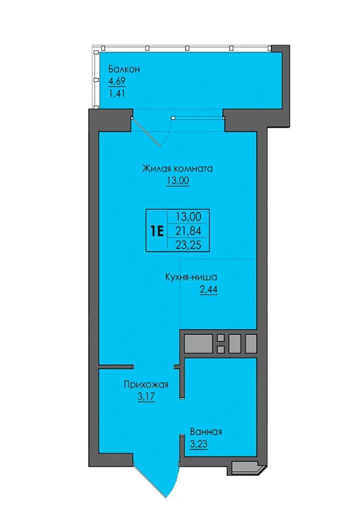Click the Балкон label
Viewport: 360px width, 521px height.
[x=124, y=69]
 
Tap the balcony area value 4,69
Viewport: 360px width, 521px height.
[x=117, y=81]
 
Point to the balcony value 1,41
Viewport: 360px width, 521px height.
[x=116, y=93]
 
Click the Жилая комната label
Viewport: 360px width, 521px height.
[x=178, y=169]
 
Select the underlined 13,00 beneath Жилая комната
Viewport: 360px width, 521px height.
[x=178, y=181]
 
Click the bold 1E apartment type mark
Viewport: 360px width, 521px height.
[x=157, y=231]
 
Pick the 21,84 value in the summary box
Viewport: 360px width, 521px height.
[x=189, y=231]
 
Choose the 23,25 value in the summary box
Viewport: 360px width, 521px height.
[x=189, y=245]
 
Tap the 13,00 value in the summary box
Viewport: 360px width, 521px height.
[x=189, y=216]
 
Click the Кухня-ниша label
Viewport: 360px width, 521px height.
[x=191, y=277]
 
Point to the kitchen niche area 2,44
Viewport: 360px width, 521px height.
[x=208, y=290]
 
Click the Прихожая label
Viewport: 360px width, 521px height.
[x=146, y=385]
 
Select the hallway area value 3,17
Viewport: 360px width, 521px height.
[x=146, y=397]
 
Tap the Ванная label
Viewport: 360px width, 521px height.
[x=206, y=432]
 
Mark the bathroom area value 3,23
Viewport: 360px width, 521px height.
[x=199, y=445]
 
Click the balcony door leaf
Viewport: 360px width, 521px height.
[x=146, y=132]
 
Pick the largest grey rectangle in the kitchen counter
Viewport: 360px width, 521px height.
[x=199, y=344]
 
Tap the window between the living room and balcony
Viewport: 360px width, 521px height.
[x=197, y=117]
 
